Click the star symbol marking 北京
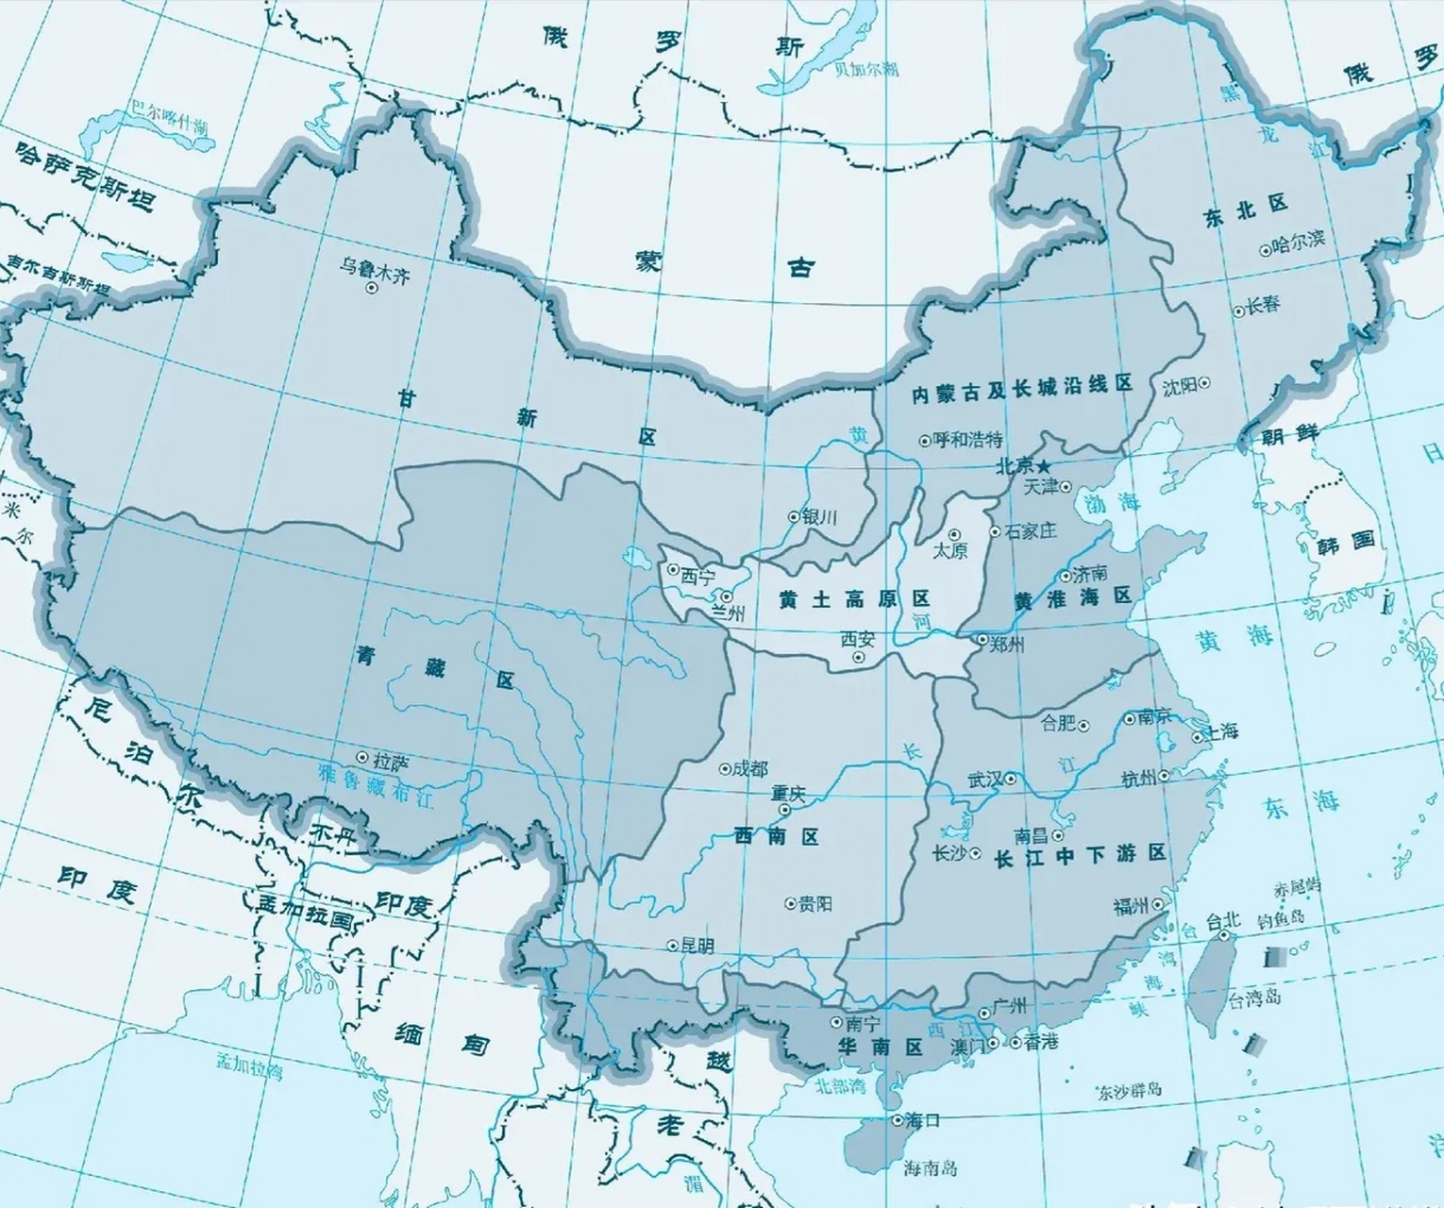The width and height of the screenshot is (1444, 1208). [x=1044, y=466]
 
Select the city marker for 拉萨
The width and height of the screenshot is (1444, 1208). [x=362, y=757]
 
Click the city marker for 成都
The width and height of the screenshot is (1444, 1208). [x=725, y=769]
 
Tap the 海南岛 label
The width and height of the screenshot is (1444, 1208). [x=931, y=1168]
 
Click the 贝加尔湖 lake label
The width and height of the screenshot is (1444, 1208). [x=865, y=68]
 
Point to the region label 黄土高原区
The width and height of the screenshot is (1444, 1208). [x=854, y=599]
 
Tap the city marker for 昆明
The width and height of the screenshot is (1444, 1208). [x=672, y=944]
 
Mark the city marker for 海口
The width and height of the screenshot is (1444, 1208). [x=897, y=1120]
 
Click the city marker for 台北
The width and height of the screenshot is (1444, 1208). [x=1224, y=935]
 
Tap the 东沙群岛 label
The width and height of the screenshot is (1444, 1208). [x=1129, y=1091]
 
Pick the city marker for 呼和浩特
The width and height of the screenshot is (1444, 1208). [x=924, y=440]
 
